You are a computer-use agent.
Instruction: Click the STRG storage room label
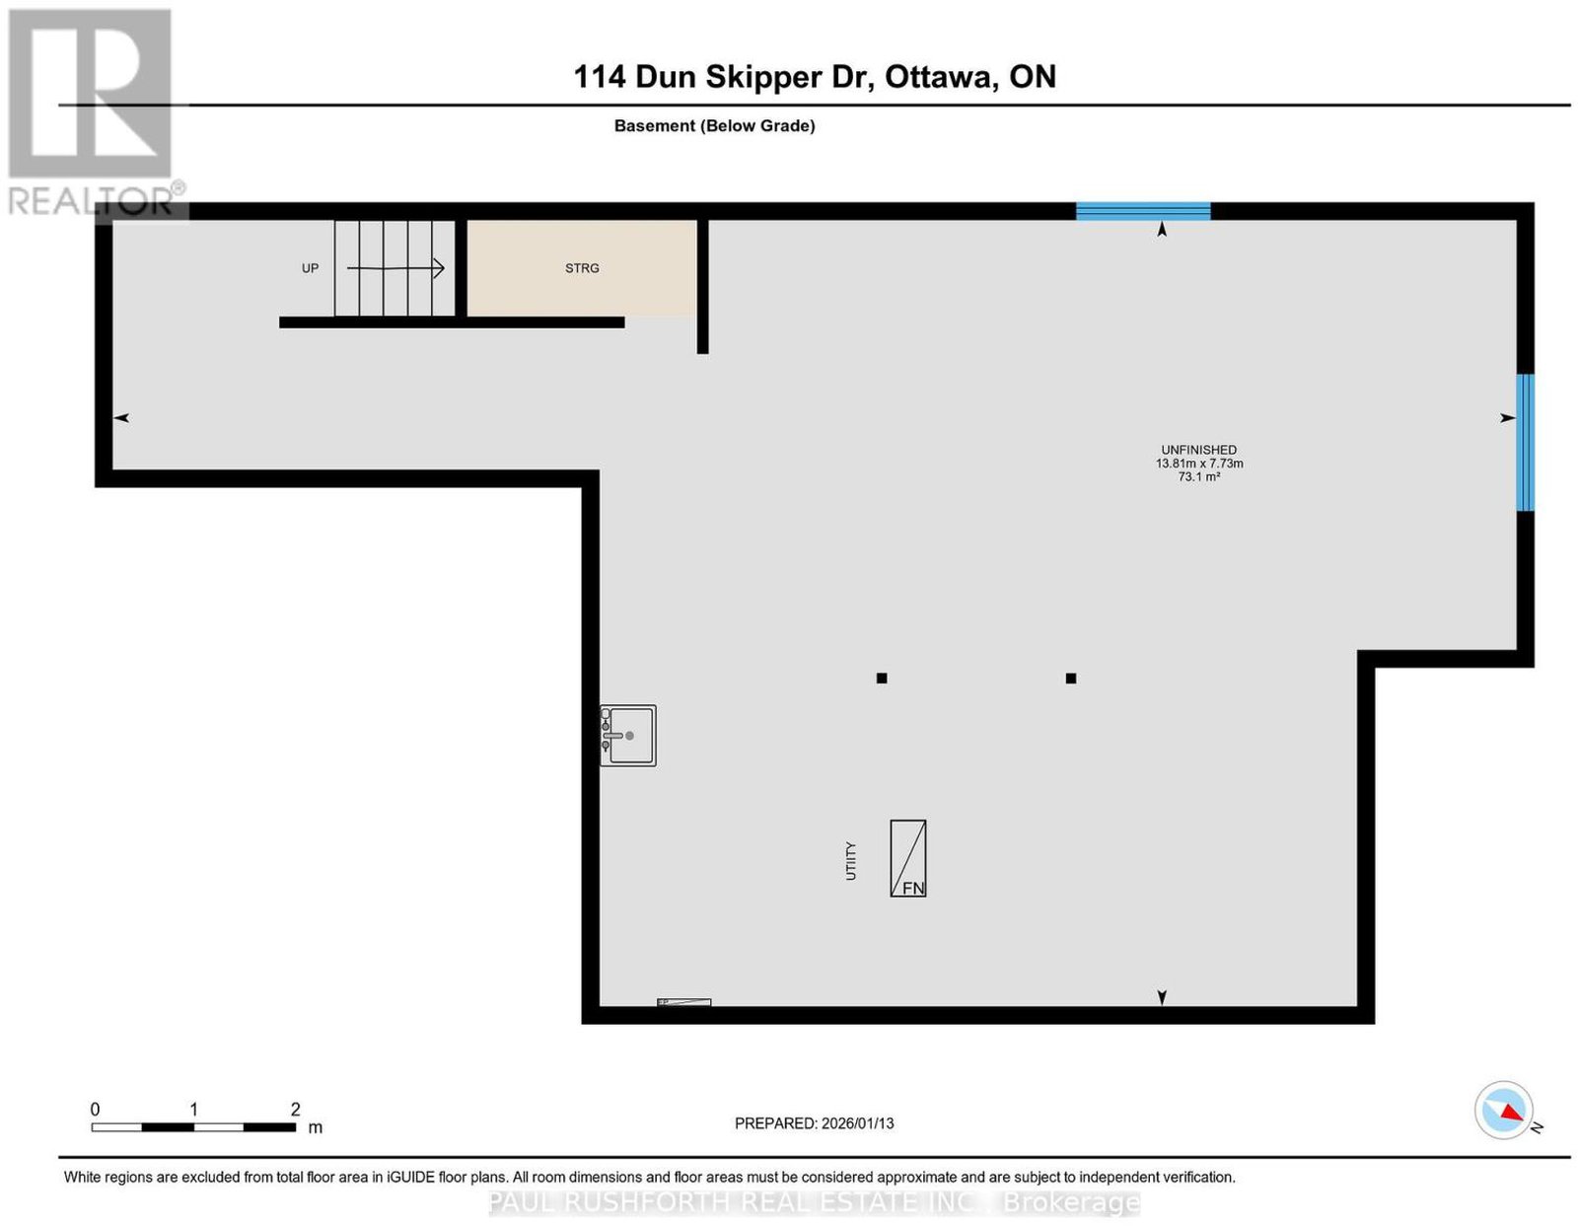(x=582, y=268)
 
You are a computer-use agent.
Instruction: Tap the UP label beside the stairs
(x=310, y=268)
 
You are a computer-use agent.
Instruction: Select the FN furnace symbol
(x=907, y=858)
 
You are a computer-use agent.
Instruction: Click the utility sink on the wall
(x=628, y=736)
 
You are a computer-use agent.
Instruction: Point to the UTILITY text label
(x=850, y=861)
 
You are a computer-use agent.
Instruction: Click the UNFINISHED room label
(x=1198, y=450)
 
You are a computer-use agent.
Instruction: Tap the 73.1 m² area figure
(x=1198, y=477)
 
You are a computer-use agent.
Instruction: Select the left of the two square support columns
(x=882, y=678)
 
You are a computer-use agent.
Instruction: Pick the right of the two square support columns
(x=1071, y=678)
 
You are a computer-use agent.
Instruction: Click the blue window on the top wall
(x=1143, y=211)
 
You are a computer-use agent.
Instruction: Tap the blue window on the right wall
(x=1525, y=443)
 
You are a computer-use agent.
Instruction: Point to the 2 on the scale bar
(x=296, y=1110)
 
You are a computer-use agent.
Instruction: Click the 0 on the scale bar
(x=95, y=1110)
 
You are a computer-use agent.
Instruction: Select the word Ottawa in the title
(x=938, y=77)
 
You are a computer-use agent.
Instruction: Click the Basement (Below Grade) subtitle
(x=715, y=125)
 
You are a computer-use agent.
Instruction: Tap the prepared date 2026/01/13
(x=858, y=1123)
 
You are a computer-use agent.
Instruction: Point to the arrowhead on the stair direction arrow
(x=439, y=268)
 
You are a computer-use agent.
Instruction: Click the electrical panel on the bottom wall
(x=684, y=1002)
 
